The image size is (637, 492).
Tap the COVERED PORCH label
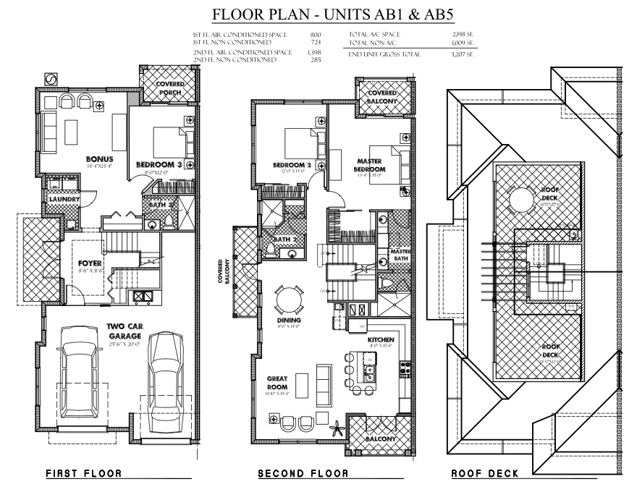171,89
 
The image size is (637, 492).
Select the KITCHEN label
380,339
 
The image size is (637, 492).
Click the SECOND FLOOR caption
303,474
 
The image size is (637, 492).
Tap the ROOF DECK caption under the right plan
485,474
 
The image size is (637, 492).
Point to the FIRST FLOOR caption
83,474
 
